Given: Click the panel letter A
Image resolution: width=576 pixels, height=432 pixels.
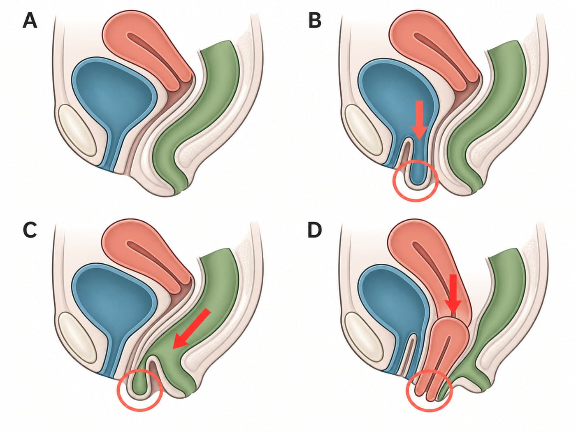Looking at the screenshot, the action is coord(30,21).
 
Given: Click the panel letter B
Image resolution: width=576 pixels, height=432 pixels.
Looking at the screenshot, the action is coord(315,21).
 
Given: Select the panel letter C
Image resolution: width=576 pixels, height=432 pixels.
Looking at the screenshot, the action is coord(30,230).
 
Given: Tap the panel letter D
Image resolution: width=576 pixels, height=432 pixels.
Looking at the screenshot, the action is coord(314,230).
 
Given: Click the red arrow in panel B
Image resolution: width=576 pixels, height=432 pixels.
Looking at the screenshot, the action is coord(420,121).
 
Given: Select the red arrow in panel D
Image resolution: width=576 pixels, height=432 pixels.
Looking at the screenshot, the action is coord(453,294).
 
